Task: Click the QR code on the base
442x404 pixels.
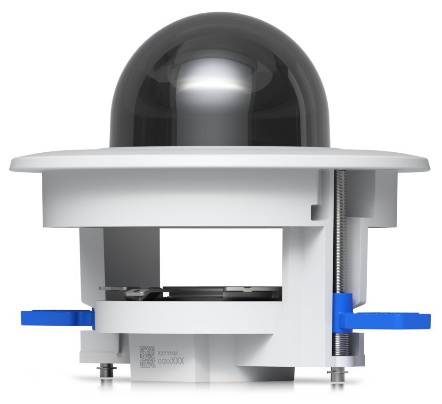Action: pos(148,357)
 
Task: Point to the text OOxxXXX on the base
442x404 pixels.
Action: pos(170,362)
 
